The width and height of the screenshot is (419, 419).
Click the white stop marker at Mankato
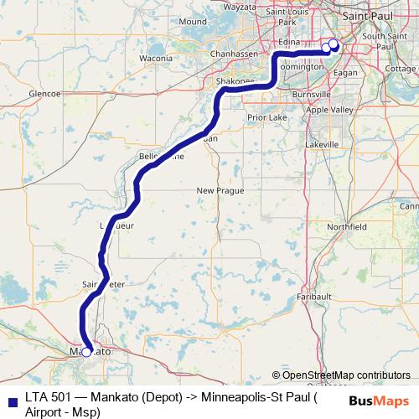pyautogui.click(x=86, y=353)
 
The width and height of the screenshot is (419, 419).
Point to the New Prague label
pyautogui.click(x=220, y=191)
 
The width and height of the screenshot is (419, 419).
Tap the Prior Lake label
pyautogui.click(x=269, y=118)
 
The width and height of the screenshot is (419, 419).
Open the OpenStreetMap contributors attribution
pyautogui.click(x=345, y=375)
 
